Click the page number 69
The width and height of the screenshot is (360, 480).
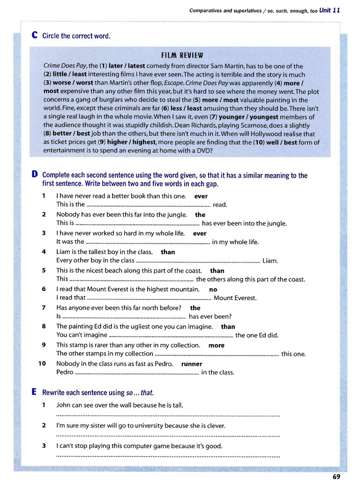pos(336,476)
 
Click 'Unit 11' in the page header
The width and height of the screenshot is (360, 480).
pos(330,10)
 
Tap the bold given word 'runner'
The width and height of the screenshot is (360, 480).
pos(192,364)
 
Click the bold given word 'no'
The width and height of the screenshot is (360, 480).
pos(213,289)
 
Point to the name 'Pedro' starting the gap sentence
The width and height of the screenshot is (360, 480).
pos(65,372)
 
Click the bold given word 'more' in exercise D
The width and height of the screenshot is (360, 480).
pos(217,345)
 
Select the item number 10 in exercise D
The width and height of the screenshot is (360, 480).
pos(42,364)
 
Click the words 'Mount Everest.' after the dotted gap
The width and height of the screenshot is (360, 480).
pos(235,298)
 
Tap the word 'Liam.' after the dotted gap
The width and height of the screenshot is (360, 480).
pos(270,261)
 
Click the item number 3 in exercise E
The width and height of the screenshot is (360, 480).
pos(44,446)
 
